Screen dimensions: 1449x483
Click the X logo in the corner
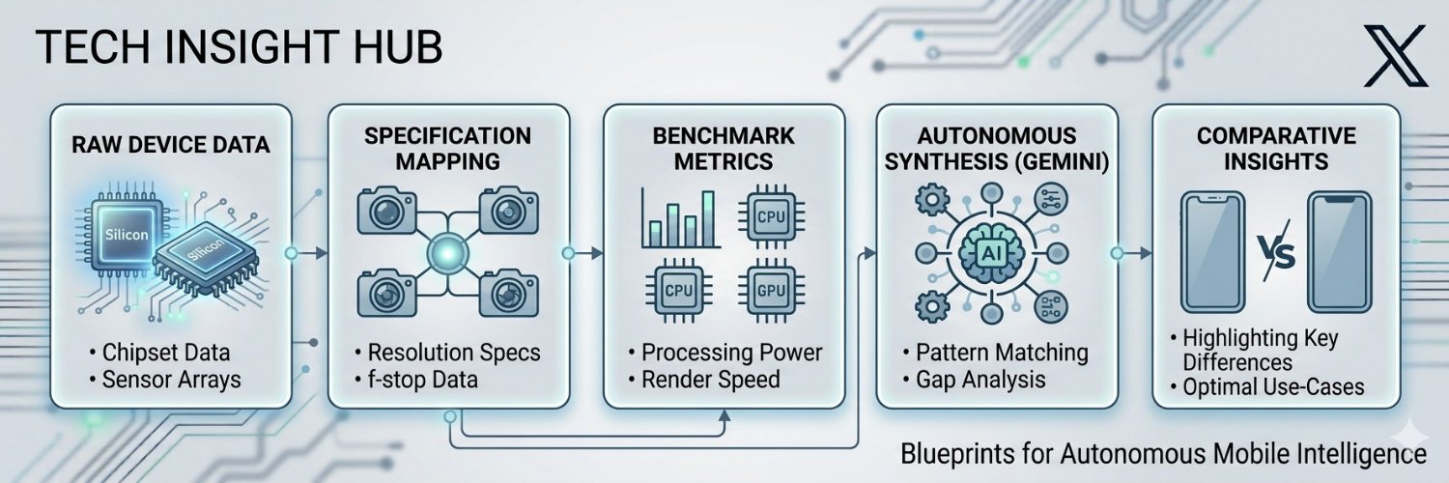point(1395,56)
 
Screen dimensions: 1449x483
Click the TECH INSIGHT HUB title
point(239,46)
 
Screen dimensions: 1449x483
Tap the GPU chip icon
point(771,291)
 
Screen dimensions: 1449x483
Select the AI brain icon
point(990,253)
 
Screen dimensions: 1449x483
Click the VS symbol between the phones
point(1276,251)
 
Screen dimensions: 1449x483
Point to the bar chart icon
point(680,218)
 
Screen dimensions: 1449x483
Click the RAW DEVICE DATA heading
point(171,144)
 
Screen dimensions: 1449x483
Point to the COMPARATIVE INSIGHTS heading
point(1276,148)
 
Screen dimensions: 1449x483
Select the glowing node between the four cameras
point(447,252)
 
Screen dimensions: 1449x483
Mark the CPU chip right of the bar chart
point(771,216)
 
